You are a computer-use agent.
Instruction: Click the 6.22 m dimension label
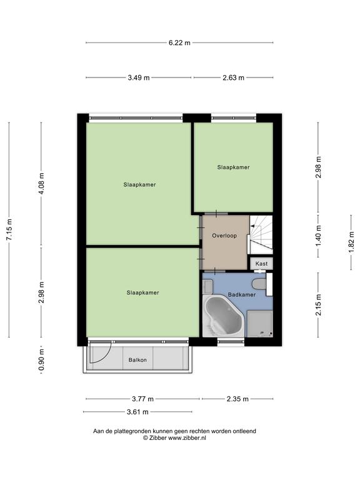(x=179, y=43)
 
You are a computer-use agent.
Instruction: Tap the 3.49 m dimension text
(x=139, y=77)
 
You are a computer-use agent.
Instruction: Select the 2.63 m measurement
(x=233, y=77)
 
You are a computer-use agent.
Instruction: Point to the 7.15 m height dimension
(x=9, y=229)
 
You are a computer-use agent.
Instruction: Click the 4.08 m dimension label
(x=42, y=183)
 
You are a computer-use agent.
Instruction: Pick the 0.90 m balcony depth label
(x=42, y=360)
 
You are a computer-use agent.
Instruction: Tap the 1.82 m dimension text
(x=351, y=242)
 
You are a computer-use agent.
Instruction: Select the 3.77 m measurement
(x=142, y=399)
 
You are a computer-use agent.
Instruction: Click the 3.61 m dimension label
(x=137, y=412)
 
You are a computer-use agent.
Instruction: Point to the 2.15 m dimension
(x=318, y=304)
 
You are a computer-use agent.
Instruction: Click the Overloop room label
(x=224, y=236)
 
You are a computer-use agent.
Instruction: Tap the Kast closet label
(x=261, y=264)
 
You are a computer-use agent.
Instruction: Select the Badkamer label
(x=242, y=294)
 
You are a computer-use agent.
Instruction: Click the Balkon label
(x=137, y=360)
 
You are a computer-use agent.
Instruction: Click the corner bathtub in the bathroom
(x=224, y=316)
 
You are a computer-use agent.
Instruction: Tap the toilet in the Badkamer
(x=259, y=284)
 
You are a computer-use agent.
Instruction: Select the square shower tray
(x=260, y=324)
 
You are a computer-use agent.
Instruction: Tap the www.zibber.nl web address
(x=187, y=438)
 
